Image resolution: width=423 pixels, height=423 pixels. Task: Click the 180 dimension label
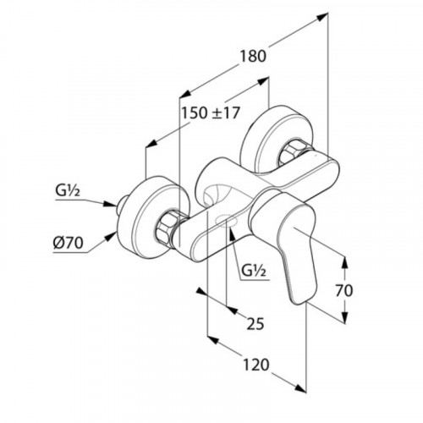coord(253,56)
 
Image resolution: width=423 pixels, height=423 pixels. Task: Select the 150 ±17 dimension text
coord(210,113)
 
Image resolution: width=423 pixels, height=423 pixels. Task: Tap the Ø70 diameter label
coord(69,242)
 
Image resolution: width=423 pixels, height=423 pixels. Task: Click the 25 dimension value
coord(255,323)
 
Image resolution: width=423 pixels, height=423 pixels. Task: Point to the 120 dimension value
coord(256,365)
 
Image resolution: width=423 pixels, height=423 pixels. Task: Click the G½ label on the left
coord(68,191)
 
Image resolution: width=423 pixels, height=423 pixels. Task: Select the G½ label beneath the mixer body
coord(254,272)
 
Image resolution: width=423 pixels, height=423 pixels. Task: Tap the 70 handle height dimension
coord(344,290)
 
